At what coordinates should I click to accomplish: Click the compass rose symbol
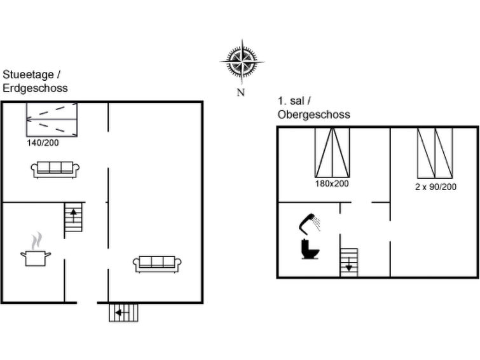point(242,62)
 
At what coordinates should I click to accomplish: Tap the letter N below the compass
point(241,92)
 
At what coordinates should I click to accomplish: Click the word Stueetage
point(28,75)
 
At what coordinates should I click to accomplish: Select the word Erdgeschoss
point(35,88)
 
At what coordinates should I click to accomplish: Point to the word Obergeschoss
point(314,114)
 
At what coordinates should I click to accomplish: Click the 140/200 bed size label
point(43,142)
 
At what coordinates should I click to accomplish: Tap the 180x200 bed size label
point(332,184)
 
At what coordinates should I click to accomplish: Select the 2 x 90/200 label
point(435,186)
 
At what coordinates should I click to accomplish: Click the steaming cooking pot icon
point(36,249)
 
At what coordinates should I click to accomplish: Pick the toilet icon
point(310,249)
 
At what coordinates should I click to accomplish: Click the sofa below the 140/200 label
point(55,169)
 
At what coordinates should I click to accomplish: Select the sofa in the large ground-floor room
point(157,264)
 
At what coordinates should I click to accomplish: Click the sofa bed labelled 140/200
point(51,120)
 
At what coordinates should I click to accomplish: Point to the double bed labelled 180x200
point(332,153)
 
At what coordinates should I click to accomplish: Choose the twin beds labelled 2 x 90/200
point(435,153)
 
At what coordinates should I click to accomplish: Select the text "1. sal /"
point(294,100)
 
